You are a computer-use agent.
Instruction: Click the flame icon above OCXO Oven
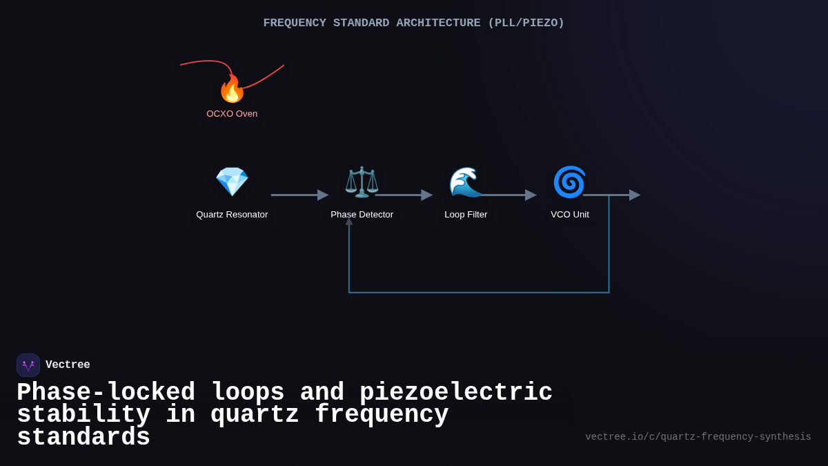click(x=232, y=89)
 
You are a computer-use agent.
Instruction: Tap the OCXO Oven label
click(x=232, y=114)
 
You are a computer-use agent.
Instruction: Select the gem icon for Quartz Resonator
click(x=232, y=182)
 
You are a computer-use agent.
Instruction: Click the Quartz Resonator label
click(x=232, y=215)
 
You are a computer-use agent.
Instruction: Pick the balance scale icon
click(x=362, y=182)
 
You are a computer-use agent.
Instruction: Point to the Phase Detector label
click(x=362, y=215)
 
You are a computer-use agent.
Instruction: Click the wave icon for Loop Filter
click(x=466, y=182)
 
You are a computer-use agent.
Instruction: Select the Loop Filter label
click(x=466, y=215)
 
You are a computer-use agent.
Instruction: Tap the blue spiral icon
click(x=569, y=182)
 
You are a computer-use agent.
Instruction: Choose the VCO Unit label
click(x=570, y=215)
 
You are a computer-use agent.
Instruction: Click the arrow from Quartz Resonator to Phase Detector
click(x=299, y=195)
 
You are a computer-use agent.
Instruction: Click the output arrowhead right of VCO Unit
click(x=634, y=195)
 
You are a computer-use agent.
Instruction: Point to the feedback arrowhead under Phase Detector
click(x=349, y=222)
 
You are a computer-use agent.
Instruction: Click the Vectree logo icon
click(x=28, y=365)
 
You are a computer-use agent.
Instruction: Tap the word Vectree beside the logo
click(x=68, y=365)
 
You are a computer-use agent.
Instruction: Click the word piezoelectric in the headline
click(x=456, y=393)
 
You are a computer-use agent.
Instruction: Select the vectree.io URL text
click(x=698, y=437)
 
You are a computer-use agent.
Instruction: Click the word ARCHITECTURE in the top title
click(x=438, y=23)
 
